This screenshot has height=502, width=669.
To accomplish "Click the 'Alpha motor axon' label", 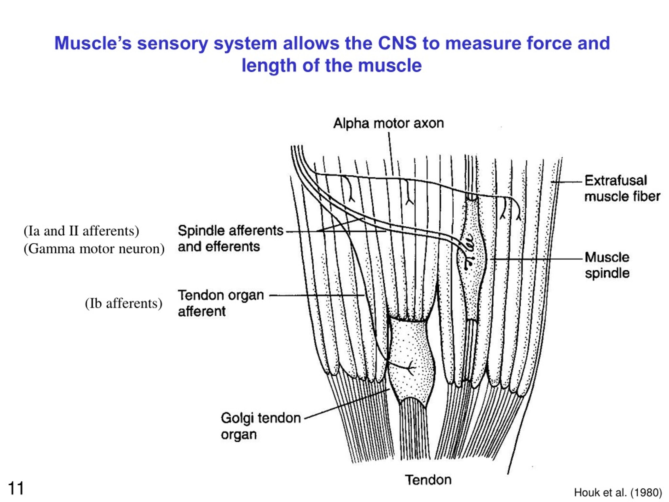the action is [389, 123].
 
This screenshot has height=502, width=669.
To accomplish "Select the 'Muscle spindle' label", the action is [607, 265].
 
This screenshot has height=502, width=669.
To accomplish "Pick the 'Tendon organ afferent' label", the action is [221, 303].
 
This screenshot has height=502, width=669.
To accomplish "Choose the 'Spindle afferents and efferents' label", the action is [230, 238].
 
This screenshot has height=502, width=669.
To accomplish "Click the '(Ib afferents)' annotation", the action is [124, 303].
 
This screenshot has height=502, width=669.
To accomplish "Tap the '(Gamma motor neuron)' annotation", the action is [94, 249].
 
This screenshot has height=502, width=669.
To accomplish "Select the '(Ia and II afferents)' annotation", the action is [81, 231].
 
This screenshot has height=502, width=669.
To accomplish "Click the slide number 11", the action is [16, 488].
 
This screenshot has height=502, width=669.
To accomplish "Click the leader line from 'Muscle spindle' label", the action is [536, 259].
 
